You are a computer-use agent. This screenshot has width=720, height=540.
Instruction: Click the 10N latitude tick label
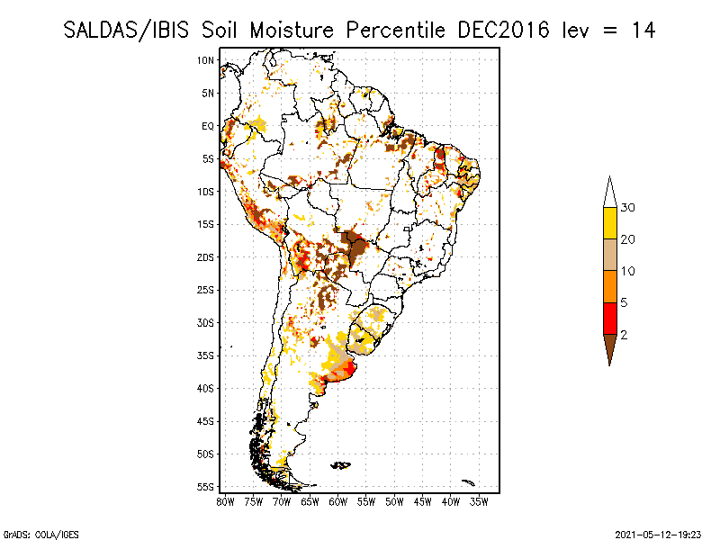pyautogui.click(x=206, y=60)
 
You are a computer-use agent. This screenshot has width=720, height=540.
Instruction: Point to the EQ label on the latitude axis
pyautogui.click(x=208, y=126)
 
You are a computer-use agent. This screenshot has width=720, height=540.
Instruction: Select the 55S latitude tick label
pyautogui.click(x=206, y=487)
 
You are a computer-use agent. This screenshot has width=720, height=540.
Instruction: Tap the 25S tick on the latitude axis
pyautogui.click(x=206, y=290)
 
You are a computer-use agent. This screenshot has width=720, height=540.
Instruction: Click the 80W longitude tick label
pyautogui.click(x=225, y=501)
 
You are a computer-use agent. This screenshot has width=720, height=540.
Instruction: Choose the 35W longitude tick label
pyautogui.click(x=480, y=501)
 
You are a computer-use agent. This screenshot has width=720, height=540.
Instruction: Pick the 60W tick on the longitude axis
pyautogui.click(x=338, y=501)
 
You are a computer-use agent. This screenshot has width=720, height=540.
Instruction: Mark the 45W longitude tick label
pyautogui.click(x=423, y=501)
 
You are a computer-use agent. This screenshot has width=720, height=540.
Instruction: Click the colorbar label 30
pyautogui.click(x=628, y=208)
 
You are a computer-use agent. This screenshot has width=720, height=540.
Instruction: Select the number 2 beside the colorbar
pyautogui.click(x=625, y=335)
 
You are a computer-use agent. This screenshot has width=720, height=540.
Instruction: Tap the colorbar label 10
pyautogui.click(x=628, y=271)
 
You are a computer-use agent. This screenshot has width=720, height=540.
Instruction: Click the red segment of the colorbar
pyautogui.click(x=609, y=319)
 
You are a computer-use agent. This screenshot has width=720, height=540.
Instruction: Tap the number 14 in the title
pyautogui.click(x=642, y=30)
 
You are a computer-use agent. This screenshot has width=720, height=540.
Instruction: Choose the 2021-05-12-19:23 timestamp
pyautogui.click(x=657, y=534)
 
